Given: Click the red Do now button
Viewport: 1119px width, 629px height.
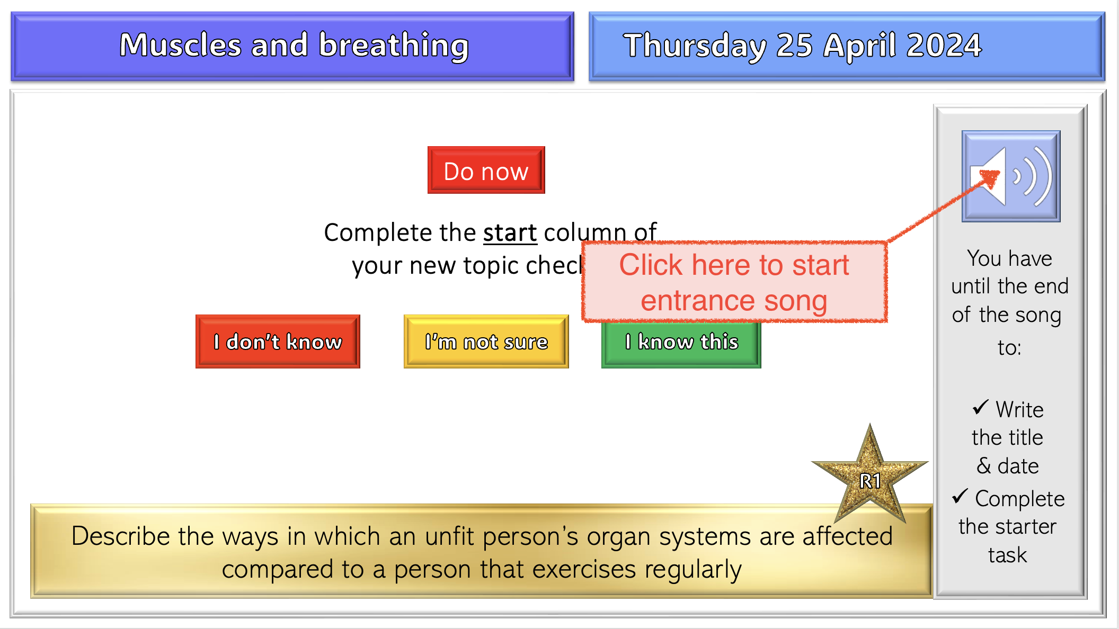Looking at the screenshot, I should [x=486, y=170].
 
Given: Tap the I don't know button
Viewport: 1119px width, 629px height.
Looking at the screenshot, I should [x=278, y=342].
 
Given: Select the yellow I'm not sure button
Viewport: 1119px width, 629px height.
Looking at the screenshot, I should [x=486, y=342].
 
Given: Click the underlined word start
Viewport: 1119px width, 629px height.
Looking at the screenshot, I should [x=510, y=233].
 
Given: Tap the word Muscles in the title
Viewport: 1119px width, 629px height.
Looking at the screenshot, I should [x=180, y=45].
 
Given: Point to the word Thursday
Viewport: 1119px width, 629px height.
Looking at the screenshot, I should [x=695, y=45].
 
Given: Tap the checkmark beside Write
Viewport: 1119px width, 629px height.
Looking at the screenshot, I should [x=980, y=407].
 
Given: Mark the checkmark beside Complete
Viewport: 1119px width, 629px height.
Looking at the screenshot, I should [x=960, y=496].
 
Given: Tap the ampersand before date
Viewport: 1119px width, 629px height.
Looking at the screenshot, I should [x=983, y=466].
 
